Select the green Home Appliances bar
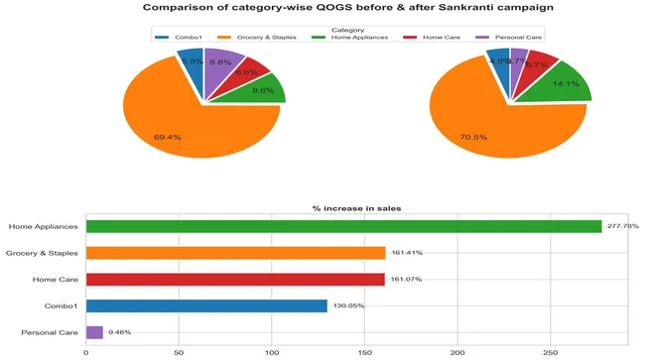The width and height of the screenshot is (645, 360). point(343,226)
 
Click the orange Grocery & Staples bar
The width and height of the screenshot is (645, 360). point(235,253)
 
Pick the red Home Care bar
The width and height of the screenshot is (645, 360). point(235,279)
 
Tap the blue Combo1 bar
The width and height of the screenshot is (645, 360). point(206,305)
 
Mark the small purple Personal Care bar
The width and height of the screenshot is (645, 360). point(94,332)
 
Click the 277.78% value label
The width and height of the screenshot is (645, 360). point(622,226)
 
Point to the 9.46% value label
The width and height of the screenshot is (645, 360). point(118,332)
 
